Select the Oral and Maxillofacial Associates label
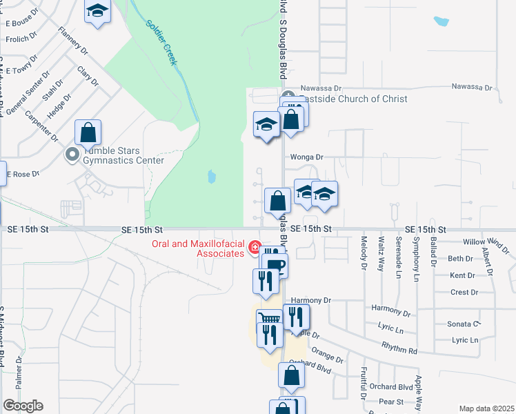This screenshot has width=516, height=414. [198, 248]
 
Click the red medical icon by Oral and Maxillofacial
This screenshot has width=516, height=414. [255, 247]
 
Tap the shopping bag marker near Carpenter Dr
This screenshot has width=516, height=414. [88, 132]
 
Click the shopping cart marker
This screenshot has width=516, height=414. [269, 321]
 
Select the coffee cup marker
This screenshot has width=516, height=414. [276, 266]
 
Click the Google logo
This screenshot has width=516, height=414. [23, 406]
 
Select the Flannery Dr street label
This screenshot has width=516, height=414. [74, 41]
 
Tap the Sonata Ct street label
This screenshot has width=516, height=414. [463, 324]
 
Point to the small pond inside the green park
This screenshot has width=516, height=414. [210, 177]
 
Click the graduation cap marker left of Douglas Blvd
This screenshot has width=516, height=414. [266, 125]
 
